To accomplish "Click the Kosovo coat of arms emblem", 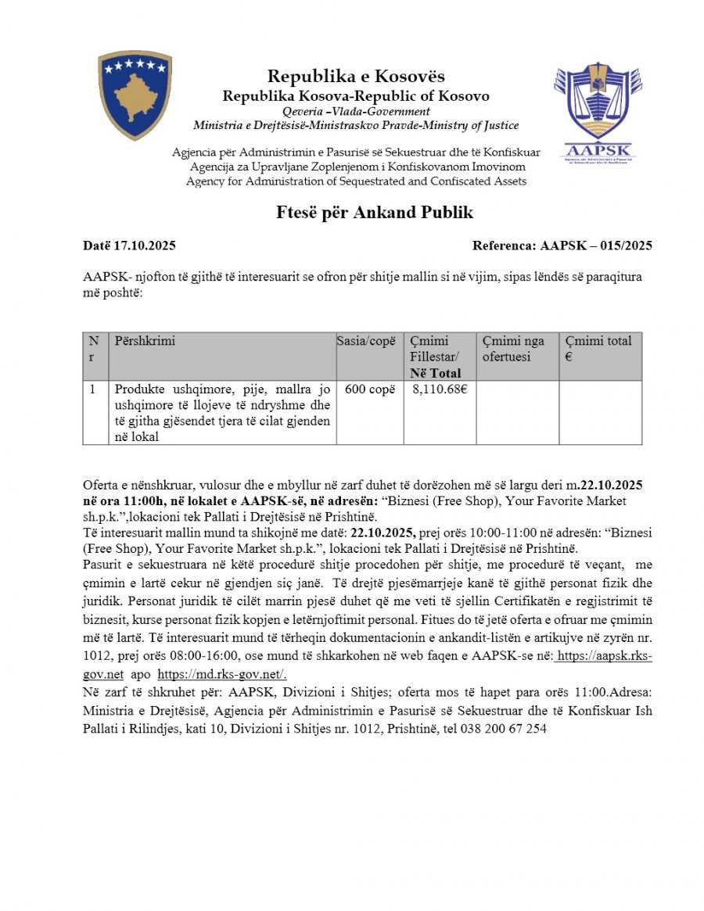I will coord(135,95).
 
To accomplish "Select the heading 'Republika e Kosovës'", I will coord(356,76).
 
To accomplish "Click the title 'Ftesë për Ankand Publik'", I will coord(375,213).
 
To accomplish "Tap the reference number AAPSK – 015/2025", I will coord(596,246).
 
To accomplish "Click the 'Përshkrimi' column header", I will coord(145,341).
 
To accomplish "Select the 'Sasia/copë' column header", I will coord(369,341).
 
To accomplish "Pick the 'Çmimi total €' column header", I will coord(598,348).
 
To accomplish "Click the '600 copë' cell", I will coord(369,389).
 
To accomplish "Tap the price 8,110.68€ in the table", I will coord(439,389).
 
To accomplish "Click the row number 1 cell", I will coord(93,389).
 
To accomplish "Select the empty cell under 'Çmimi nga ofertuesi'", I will coord(517,412).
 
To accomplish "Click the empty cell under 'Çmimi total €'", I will coord(600,412).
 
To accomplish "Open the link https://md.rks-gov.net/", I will coord(222,674).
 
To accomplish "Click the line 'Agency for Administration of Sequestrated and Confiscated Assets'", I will coord(356,181).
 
